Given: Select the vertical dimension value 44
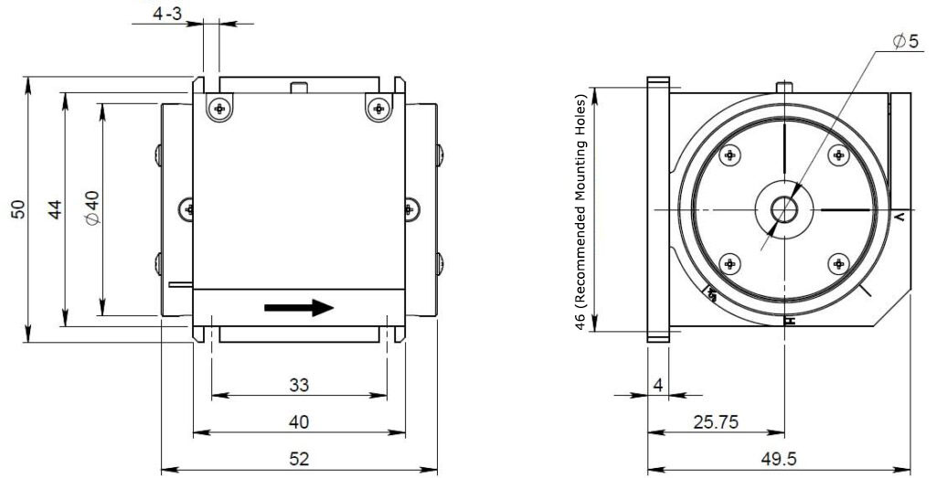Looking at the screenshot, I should [x=56, y=209].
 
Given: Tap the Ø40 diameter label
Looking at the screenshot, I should [x=91, y=209].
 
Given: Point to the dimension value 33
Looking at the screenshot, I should [x=299, y=386].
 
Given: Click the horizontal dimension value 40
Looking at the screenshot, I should [x=299, y=421].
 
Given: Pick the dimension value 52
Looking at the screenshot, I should [x=299, y=458].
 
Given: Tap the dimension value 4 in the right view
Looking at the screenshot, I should [x=658, y=386].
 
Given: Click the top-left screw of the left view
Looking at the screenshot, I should [x=218, y=109].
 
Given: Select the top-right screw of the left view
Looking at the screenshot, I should [x=378, y=109].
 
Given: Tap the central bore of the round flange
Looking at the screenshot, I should [x=783, y=210].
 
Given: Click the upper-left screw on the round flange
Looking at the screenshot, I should [x=729, y=155].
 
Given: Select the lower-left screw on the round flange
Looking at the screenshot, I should [x=729, y=264].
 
